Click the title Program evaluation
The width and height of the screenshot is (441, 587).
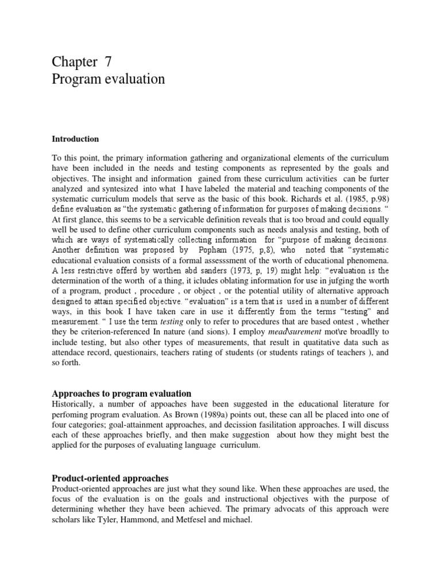(109, 79)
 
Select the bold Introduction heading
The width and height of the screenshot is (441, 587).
(75, 139)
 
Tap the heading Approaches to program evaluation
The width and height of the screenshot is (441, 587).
(121, 393)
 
